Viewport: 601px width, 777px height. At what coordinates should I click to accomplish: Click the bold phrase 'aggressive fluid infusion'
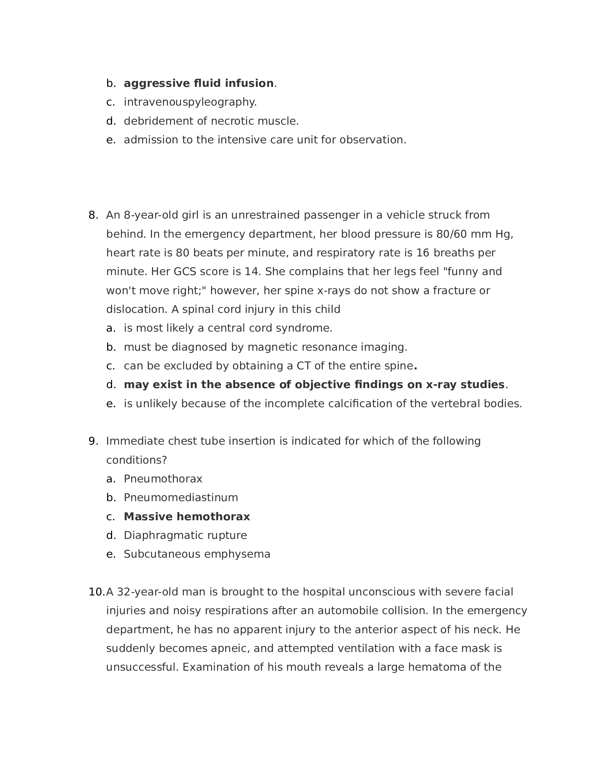[x=198, y=83]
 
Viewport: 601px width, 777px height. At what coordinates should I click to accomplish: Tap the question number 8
[x=93, y=215]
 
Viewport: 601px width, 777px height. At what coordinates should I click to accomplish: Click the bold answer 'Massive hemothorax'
[x=187, y=517]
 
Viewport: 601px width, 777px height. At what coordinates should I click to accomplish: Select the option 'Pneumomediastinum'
[x=181, y=498]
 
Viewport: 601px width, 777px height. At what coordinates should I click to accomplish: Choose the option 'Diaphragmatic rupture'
[x=185, y=535]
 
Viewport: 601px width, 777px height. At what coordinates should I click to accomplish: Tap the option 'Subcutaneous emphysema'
[x=197, y=554]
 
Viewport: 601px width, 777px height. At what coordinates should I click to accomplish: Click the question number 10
[x=96, y=592]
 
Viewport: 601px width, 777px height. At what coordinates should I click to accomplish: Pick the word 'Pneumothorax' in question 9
[x=163, y=479]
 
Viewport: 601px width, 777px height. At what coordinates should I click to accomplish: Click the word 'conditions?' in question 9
[x=136, y=460]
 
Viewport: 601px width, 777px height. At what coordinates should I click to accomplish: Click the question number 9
[x=93, y=441]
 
